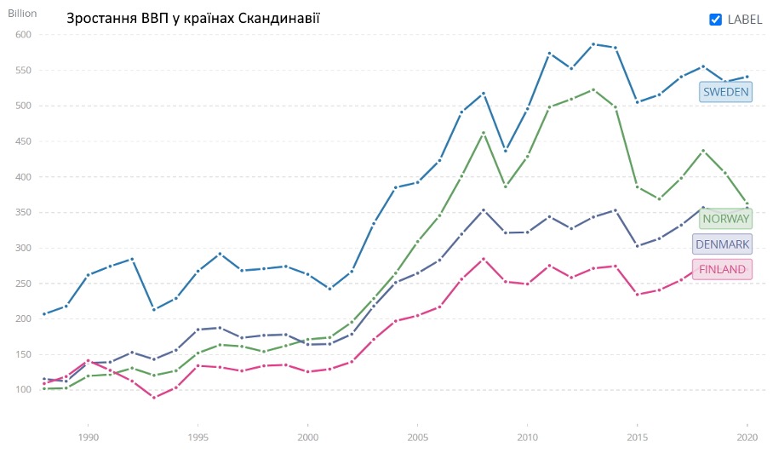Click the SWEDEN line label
[x=724, y=92]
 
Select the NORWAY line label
[x=725, y=219]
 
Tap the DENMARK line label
[x=723, y=244]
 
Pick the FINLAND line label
[x=722, y=270]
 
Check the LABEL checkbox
[x=716, y=20]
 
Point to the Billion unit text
[x=24, y=13]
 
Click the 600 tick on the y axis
[x=22, y=35]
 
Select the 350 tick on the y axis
[x=22, y=212]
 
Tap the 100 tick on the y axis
[x=22, y=390]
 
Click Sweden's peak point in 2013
[x=593, y=44]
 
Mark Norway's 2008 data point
[x=484, y=133]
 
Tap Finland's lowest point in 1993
[x=153, y=398]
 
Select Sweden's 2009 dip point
[x=506, y=151]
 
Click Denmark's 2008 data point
[x=484, y=209]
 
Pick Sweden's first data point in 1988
[x=44, y=314]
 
